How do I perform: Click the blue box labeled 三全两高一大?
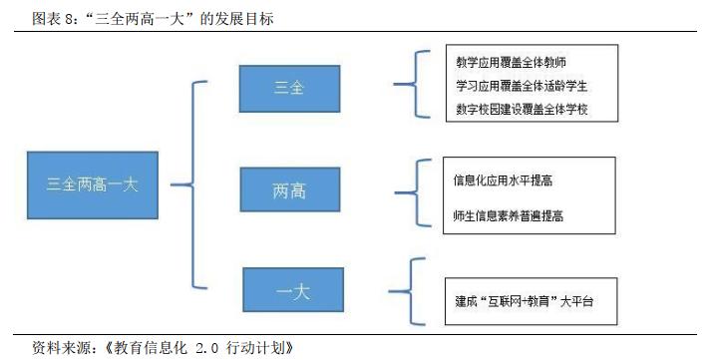(93, 184)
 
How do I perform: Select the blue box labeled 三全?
(289, 88)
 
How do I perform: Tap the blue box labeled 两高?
(289, 189)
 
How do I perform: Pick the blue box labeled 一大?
(292, 291)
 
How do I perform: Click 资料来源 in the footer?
(58, 349)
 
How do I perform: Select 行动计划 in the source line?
(267, 349)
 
